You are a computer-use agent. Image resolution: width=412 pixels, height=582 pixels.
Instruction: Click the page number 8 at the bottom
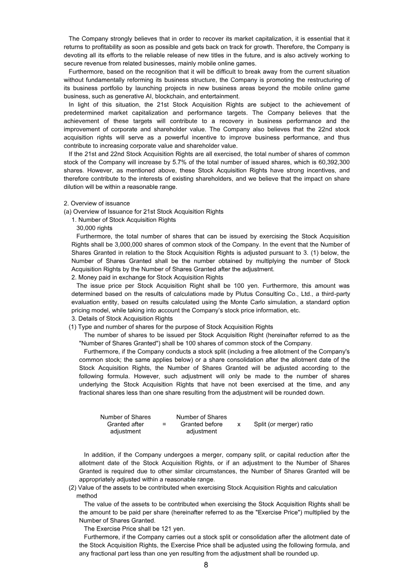click(206, 565)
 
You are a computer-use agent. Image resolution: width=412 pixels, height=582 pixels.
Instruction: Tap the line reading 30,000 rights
click(94, 228)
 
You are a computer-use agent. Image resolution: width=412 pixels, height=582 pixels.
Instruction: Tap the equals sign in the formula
click(164, 424)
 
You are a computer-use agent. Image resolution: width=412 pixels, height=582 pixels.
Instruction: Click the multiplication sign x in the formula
click(239, 424)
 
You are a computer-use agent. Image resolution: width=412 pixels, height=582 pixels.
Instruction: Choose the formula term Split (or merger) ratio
click(283, 424)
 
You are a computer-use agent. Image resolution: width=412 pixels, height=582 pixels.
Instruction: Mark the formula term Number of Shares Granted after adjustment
click(126, 424)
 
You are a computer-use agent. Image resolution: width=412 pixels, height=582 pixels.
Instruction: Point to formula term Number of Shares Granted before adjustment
click(201, 424)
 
